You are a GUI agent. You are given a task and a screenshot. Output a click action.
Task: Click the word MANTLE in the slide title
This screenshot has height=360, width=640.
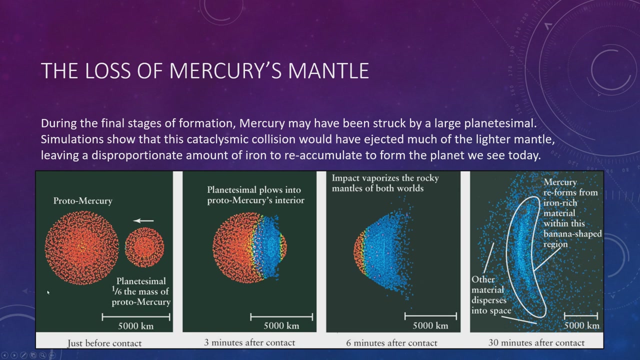click(x=328, y=70)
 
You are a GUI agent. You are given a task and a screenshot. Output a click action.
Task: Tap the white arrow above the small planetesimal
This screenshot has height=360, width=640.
click(x=143, y=220)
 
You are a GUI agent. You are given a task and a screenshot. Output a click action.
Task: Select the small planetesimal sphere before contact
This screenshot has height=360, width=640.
click(x=144, y=247)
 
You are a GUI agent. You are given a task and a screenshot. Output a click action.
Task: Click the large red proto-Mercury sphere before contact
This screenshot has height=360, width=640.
click(x=81, y=247)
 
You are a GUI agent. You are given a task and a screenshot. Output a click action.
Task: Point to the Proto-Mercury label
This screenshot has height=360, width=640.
click(x=83, y=201)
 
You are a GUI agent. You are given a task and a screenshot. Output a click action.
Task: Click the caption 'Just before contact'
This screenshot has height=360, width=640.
click(x=104, y=343)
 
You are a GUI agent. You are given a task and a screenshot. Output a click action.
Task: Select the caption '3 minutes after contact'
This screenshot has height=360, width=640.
click(x=249, y=342)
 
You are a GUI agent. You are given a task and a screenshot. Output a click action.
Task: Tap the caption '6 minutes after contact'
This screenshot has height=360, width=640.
click(x=391, y=342)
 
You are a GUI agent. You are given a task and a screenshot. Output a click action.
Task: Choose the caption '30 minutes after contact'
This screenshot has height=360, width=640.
click(x=536, y=342)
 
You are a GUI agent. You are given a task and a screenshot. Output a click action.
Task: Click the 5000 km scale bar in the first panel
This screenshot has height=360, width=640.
click(x=135, y=317)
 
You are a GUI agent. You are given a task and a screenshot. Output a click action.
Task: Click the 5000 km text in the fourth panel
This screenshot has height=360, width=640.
click(x=581, y=325)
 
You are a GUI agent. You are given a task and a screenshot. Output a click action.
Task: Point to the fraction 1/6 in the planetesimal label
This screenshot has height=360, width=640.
click(x=116, y=291)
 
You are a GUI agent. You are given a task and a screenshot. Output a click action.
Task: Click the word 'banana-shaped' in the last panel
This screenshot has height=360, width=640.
click(x=572, y=233)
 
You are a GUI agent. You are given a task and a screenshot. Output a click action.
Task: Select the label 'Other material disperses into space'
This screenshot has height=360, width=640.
click(x=491, y=294)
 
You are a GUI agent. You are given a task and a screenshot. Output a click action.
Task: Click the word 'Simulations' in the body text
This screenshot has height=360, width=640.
click(x=72, y=139)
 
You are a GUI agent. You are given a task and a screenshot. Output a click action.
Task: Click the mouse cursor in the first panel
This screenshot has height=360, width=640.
click(x=48, y=292)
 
